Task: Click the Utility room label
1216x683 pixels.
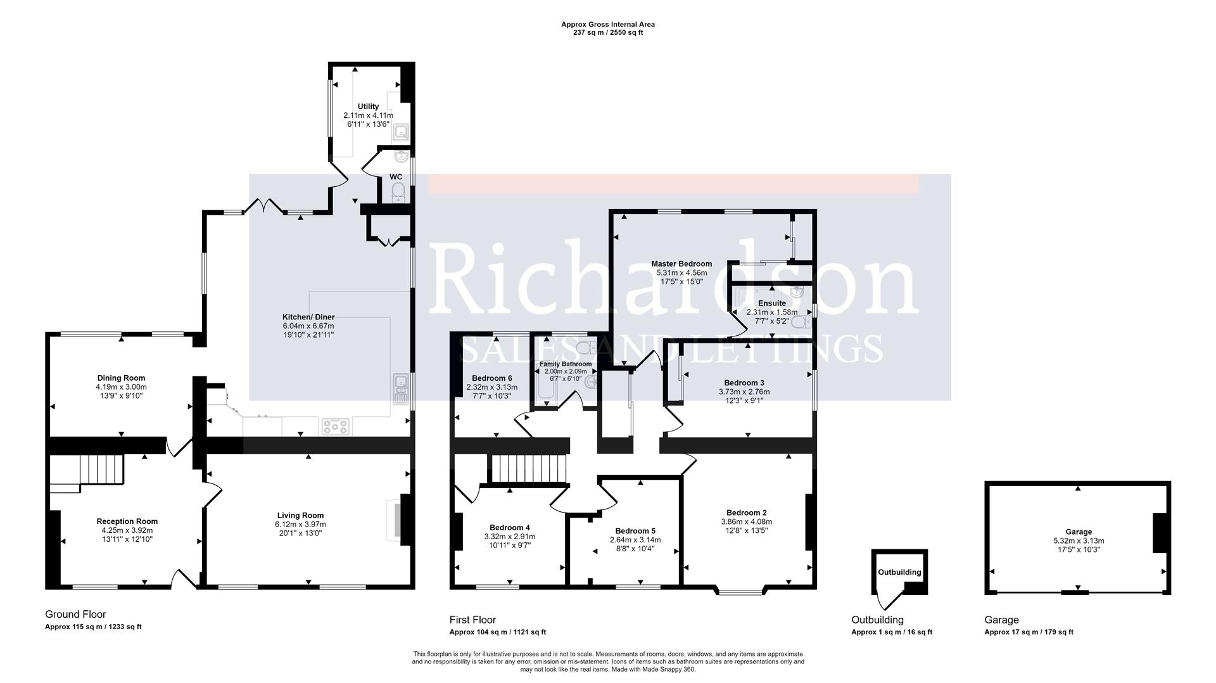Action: tap(368, 106)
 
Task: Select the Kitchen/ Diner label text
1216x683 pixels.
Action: tap(308, 317)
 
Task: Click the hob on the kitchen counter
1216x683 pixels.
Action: tap(335, 426)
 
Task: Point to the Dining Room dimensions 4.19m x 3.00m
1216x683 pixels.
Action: tap(121, 386)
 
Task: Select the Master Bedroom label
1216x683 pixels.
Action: tap(681, 264)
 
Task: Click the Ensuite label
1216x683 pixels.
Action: tap(771, 303)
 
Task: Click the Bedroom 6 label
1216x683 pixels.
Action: tap(491, 378)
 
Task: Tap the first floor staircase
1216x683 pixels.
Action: tap(528, 469)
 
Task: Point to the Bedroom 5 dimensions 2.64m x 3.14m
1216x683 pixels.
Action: tap(635, 540)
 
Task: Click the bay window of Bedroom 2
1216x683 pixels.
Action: tap(740, 592)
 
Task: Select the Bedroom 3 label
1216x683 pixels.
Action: tap(744, 383)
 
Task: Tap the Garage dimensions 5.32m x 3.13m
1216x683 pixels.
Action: tap(1079, 540)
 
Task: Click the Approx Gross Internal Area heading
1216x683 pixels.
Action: tap(607, 25)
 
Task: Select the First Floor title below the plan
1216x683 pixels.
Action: tap(472, 620)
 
